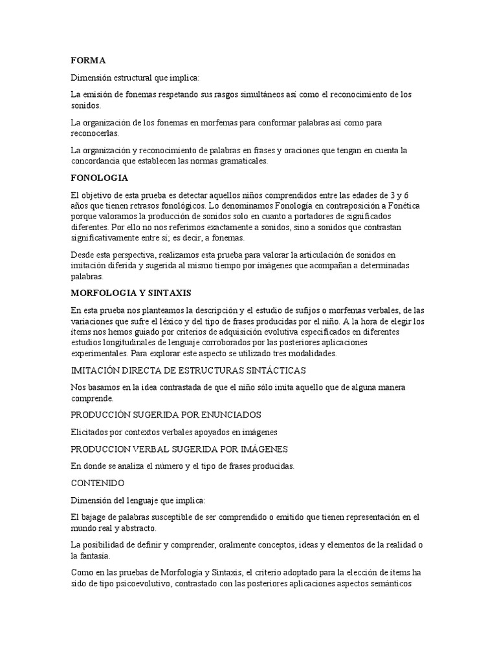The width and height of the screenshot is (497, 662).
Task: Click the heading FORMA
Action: (87, 60)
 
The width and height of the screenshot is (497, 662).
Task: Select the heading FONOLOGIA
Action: (99, 177)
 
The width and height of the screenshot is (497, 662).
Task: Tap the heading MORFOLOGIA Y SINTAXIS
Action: (131, 293)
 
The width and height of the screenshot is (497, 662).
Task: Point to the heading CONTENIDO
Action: (98, 482)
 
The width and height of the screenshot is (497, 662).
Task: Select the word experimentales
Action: (99, 354)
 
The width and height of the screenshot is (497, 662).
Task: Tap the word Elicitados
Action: (91, 431)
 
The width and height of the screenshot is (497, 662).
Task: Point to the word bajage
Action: (96, 517)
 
